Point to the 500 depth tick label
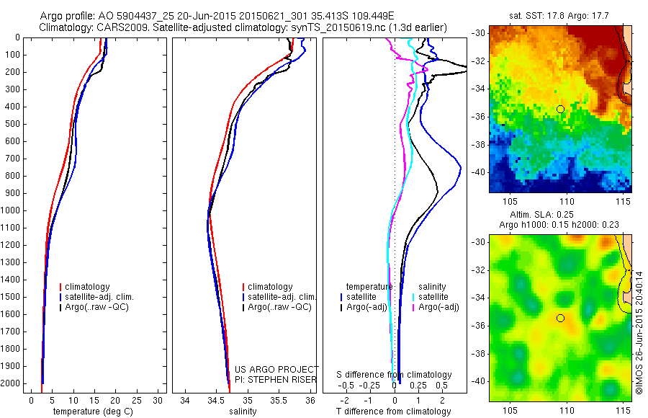[x=12, y=124]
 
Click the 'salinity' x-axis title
[x=242, y=412]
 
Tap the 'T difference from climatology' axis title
[x=393, y=412]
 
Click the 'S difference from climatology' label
[x=394, y=375]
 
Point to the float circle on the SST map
[x=560, y=109]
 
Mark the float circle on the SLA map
[x=560, y=318]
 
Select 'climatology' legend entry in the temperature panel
[x=88, y=287]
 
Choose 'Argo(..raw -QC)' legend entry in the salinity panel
[x=279, y=308]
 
